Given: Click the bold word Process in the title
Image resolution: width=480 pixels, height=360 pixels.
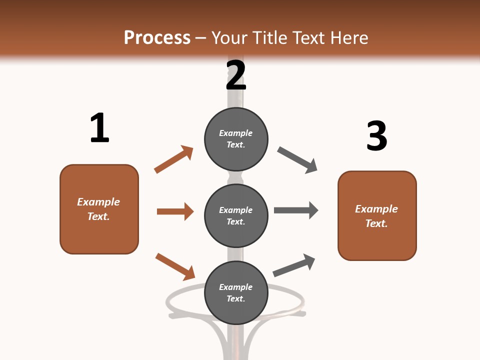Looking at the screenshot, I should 157,38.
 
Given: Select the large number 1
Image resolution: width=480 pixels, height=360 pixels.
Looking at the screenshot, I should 99,128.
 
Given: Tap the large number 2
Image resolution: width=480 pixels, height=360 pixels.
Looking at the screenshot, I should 236,75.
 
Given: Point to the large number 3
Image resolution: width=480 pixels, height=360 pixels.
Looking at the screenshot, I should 376,136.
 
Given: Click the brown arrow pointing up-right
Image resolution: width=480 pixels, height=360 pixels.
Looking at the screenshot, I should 173,159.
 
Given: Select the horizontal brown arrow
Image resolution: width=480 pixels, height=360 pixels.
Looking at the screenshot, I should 175,211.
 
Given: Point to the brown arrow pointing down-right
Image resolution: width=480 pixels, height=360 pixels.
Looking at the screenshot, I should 175,266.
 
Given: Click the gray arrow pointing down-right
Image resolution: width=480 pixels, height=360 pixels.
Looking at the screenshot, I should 297,160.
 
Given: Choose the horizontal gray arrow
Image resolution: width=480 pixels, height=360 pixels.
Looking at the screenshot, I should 296,210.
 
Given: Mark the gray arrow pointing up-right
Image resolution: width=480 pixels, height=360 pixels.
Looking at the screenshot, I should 294,265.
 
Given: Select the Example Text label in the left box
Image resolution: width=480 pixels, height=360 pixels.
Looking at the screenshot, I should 98,209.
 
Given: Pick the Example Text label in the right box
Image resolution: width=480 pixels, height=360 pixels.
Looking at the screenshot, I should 376,216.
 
